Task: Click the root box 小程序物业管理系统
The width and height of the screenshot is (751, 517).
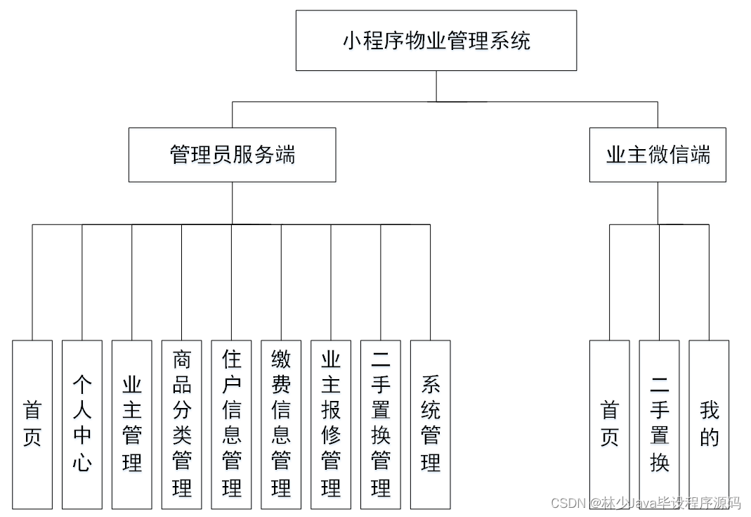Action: tap(436, 40)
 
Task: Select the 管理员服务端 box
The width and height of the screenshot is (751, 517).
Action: tap(232, 155)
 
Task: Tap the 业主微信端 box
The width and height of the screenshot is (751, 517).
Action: tap(658, 155)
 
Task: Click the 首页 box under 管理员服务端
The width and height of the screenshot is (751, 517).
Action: tap(32, 424)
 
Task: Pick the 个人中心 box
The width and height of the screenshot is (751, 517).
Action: tap(82, 424)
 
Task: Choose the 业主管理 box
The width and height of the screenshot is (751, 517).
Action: tap(132, 424)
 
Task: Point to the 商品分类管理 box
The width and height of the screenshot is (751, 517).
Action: tap(182, 424)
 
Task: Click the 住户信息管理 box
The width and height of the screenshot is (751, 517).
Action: tap(232, 424)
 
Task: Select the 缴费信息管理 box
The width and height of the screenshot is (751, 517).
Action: tap(282, 424)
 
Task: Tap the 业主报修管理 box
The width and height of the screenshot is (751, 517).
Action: tap(331, 424)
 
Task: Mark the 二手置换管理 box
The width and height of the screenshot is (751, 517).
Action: tap(381, 424)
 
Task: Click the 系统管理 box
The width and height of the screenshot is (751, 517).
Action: tap(431, 424)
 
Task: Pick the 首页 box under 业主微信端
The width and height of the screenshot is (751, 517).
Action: tap(609, 424)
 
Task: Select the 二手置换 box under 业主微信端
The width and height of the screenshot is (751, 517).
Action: tap(659, 424)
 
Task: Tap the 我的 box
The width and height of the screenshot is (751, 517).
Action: tap(709, 424)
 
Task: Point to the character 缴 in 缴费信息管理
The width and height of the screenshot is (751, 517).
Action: tap(282, 361)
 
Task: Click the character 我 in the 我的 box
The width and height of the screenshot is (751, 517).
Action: tap(709, 411)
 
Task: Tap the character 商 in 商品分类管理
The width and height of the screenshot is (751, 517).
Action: tap(182, 361)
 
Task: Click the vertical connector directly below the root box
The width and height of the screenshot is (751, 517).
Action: tap(436, 86)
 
